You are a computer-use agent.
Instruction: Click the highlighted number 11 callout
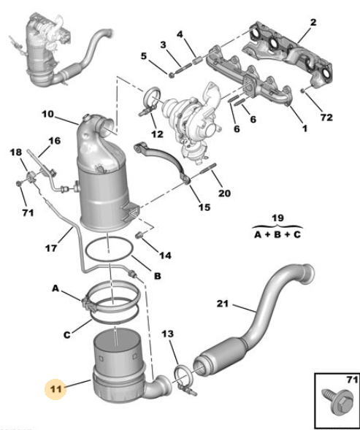[x=56, y=389]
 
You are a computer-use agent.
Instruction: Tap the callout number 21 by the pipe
[x=223, y=304]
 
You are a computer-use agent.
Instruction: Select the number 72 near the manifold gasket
[x=326, y=118]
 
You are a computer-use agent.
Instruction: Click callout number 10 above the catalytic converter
[x=48, y=114]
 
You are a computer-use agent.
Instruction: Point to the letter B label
[x=158, y=276]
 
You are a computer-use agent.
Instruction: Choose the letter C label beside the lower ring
[x=67, y=335]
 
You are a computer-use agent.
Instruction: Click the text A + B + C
[x=277, y=235]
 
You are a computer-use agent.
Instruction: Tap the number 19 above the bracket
[x=277, y=218]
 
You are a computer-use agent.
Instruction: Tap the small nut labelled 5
[x=171, y=74]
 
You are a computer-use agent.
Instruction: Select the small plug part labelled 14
[x=139, y=235]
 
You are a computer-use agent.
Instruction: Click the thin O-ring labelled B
[x=110, y=250]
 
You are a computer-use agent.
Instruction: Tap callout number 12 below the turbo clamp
[x=157, y=134]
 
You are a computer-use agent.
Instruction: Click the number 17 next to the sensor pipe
[x=51, y=248]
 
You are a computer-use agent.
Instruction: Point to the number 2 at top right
[x=313, y=22]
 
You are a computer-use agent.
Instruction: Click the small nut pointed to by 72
[x=303, y=91]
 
